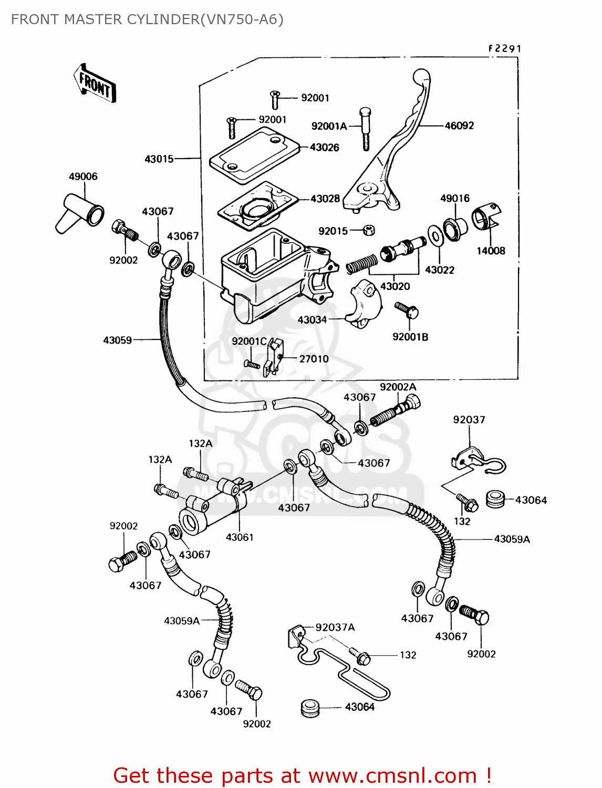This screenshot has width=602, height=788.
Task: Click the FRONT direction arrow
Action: tap(95, 84)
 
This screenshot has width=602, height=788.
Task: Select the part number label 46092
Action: tap(459, 126)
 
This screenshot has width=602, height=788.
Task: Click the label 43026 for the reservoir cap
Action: tap(324, 148)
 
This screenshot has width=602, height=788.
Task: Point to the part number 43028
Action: tap(325, 199)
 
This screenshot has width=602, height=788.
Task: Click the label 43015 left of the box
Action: tap(159, 159)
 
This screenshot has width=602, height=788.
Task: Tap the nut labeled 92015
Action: tap(369, 230)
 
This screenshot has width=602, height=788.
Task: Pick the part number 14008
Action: tap(491, 251)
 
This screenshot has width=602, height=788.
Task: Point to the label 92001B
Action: tap(410, 337)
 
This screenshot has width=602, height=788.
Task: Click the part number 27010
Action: tap(314, 359)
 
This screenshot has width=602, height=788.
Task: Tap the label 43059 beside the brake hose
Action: tap(117, 340)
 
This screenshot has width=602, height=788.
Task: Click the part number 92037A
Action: tap(335, 627)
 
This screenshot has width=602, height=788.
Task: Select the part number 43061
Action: tap(240, 537)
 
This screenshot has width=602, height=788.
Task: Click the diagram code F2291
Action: tap(504, 48)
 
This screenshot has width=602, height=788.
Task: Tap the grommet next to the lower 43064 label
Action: tap(310, 708)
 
